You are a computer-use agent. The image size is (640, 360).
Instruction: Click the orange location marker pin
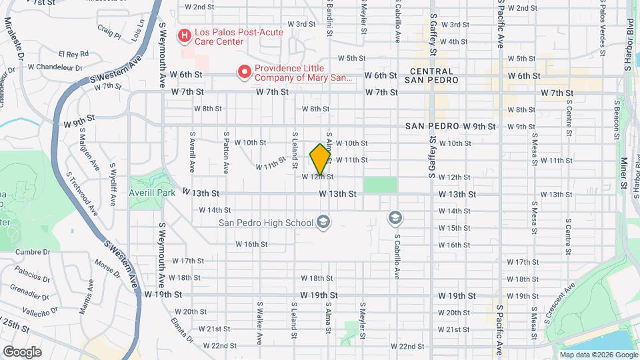(x=320, y=159)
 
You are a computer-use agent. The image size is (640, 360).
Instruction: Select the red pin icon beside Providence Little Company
(x=244, y=71)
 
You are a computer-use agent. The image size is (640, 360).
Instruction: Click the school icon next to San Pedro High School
(x=323, y=222)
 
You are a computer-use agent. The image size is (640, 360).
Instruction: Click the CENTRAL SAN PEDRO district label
(x=434, y=75)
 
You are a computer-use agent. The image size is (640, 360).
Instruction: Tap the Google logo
(x=21, y=351)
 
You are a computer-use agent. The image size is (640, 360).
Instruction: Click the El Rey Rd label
(x=73, y=54)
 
